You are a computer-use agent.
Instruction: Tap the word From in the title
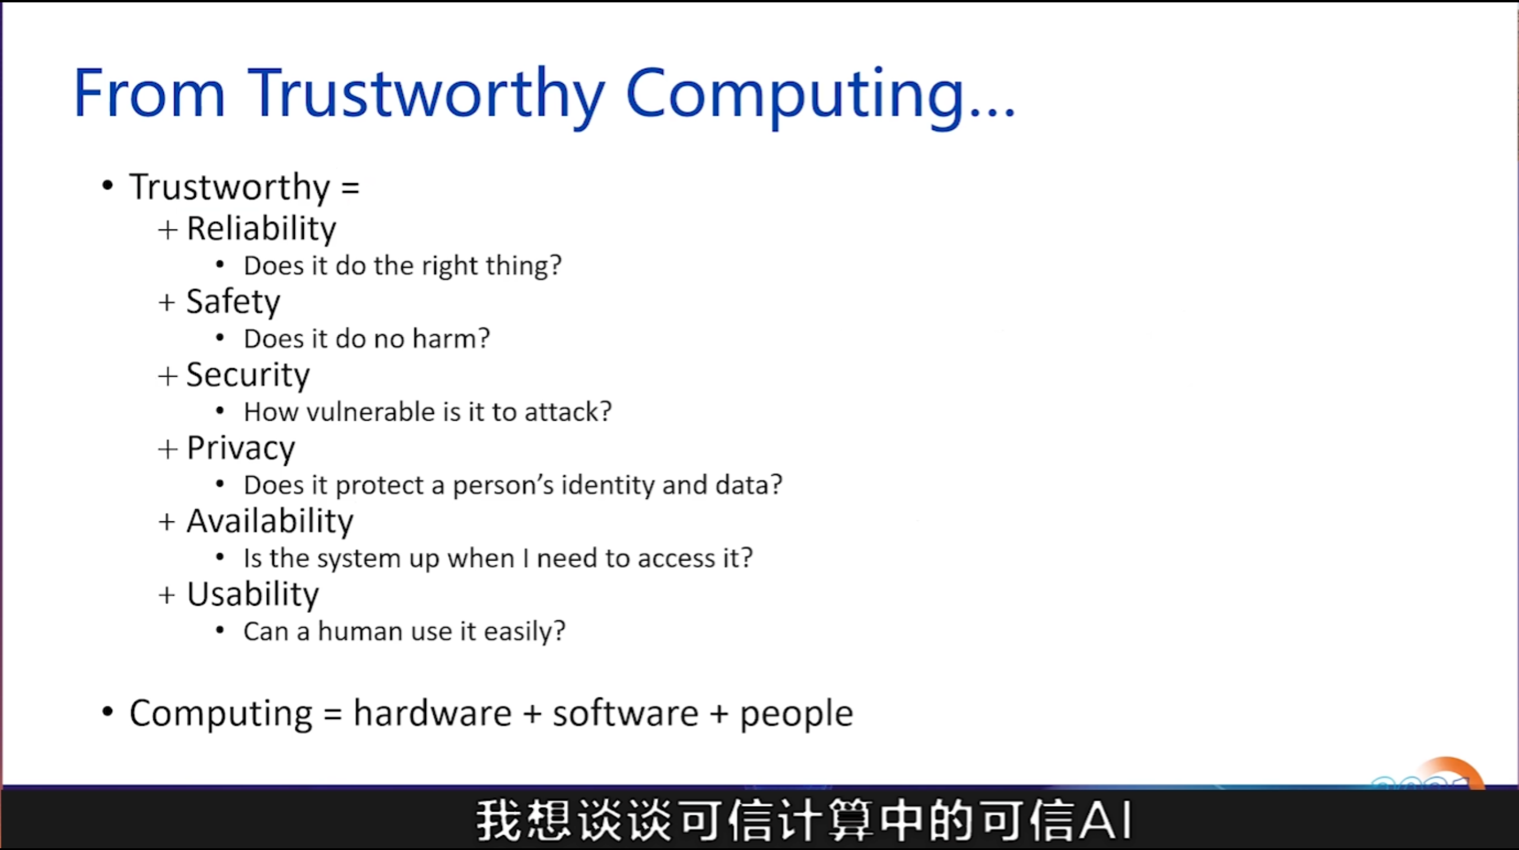(150, 93)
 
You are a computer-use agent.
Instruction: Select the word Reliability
(262, 229)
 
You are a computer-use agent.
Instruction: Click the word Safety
(233, 302)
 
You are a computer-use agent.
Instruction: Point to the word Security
(248, 375)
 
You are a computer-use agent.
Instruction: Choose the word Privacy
(241, 448)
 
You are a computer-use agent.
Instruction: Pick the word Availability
(270, 521)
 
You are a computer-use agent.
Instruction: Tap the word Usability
(253, 594)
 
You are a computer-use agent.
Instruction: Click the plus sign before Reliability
(168, 230)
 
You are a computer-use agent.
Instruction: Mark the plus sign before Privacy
(168, 449)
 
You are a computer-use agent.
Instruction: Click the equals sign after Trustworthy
(350, 189)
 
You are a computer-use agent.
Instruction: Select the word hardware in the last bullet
(433, 713)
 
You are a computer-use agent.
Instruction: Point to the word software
(625, 713)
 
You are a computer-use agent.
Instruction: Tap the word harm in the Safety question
(452, 339)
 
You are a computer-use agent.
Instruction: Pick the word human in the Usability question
(360, 632)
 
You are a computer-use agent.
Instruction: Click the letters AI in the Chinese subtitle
(1105, 821)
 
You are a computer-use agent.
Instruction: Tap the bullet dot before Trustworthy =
(107, 186)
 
